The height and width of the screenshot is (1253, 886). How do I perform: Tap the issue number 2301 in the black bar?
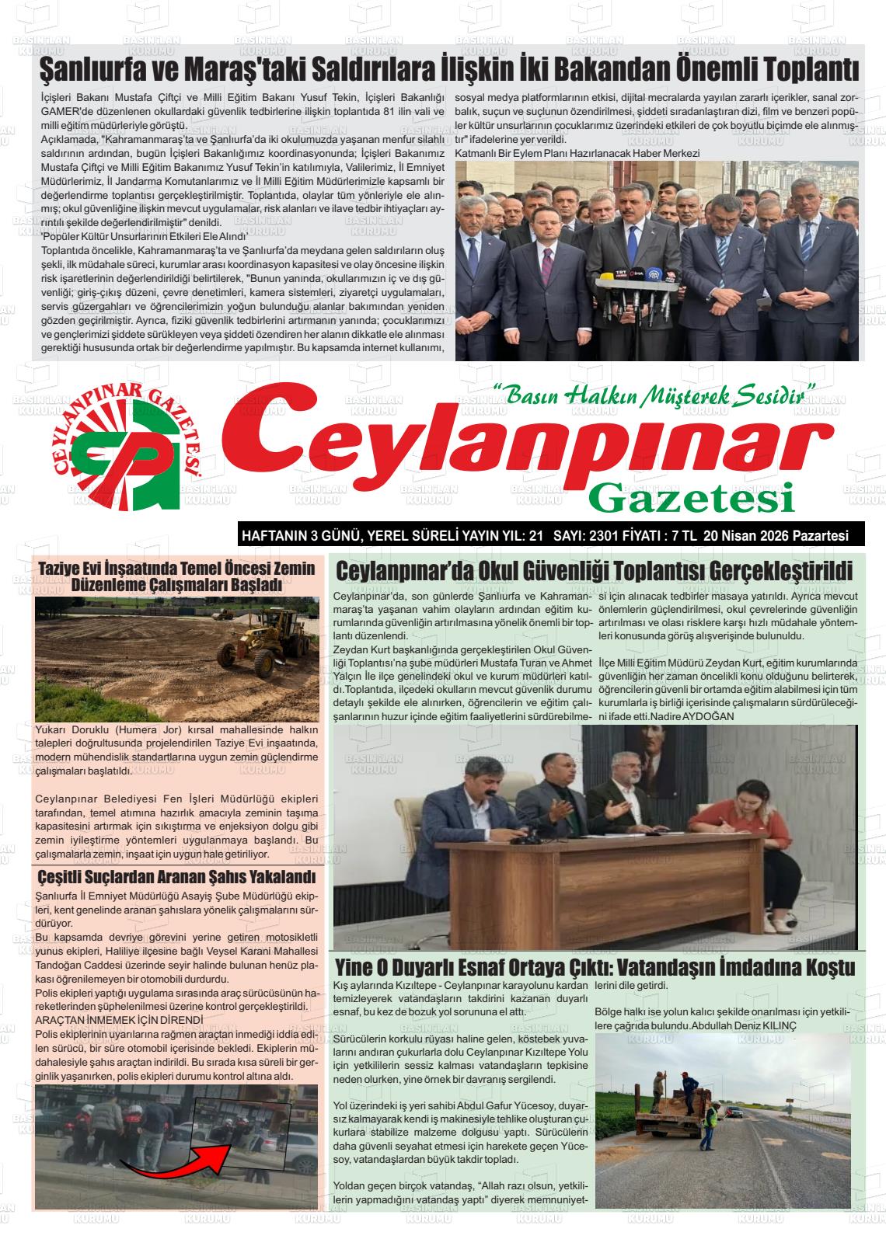613,535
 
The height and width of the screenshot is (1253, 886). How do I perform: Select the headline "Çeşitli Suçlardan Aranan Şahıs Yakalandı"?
176,878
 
